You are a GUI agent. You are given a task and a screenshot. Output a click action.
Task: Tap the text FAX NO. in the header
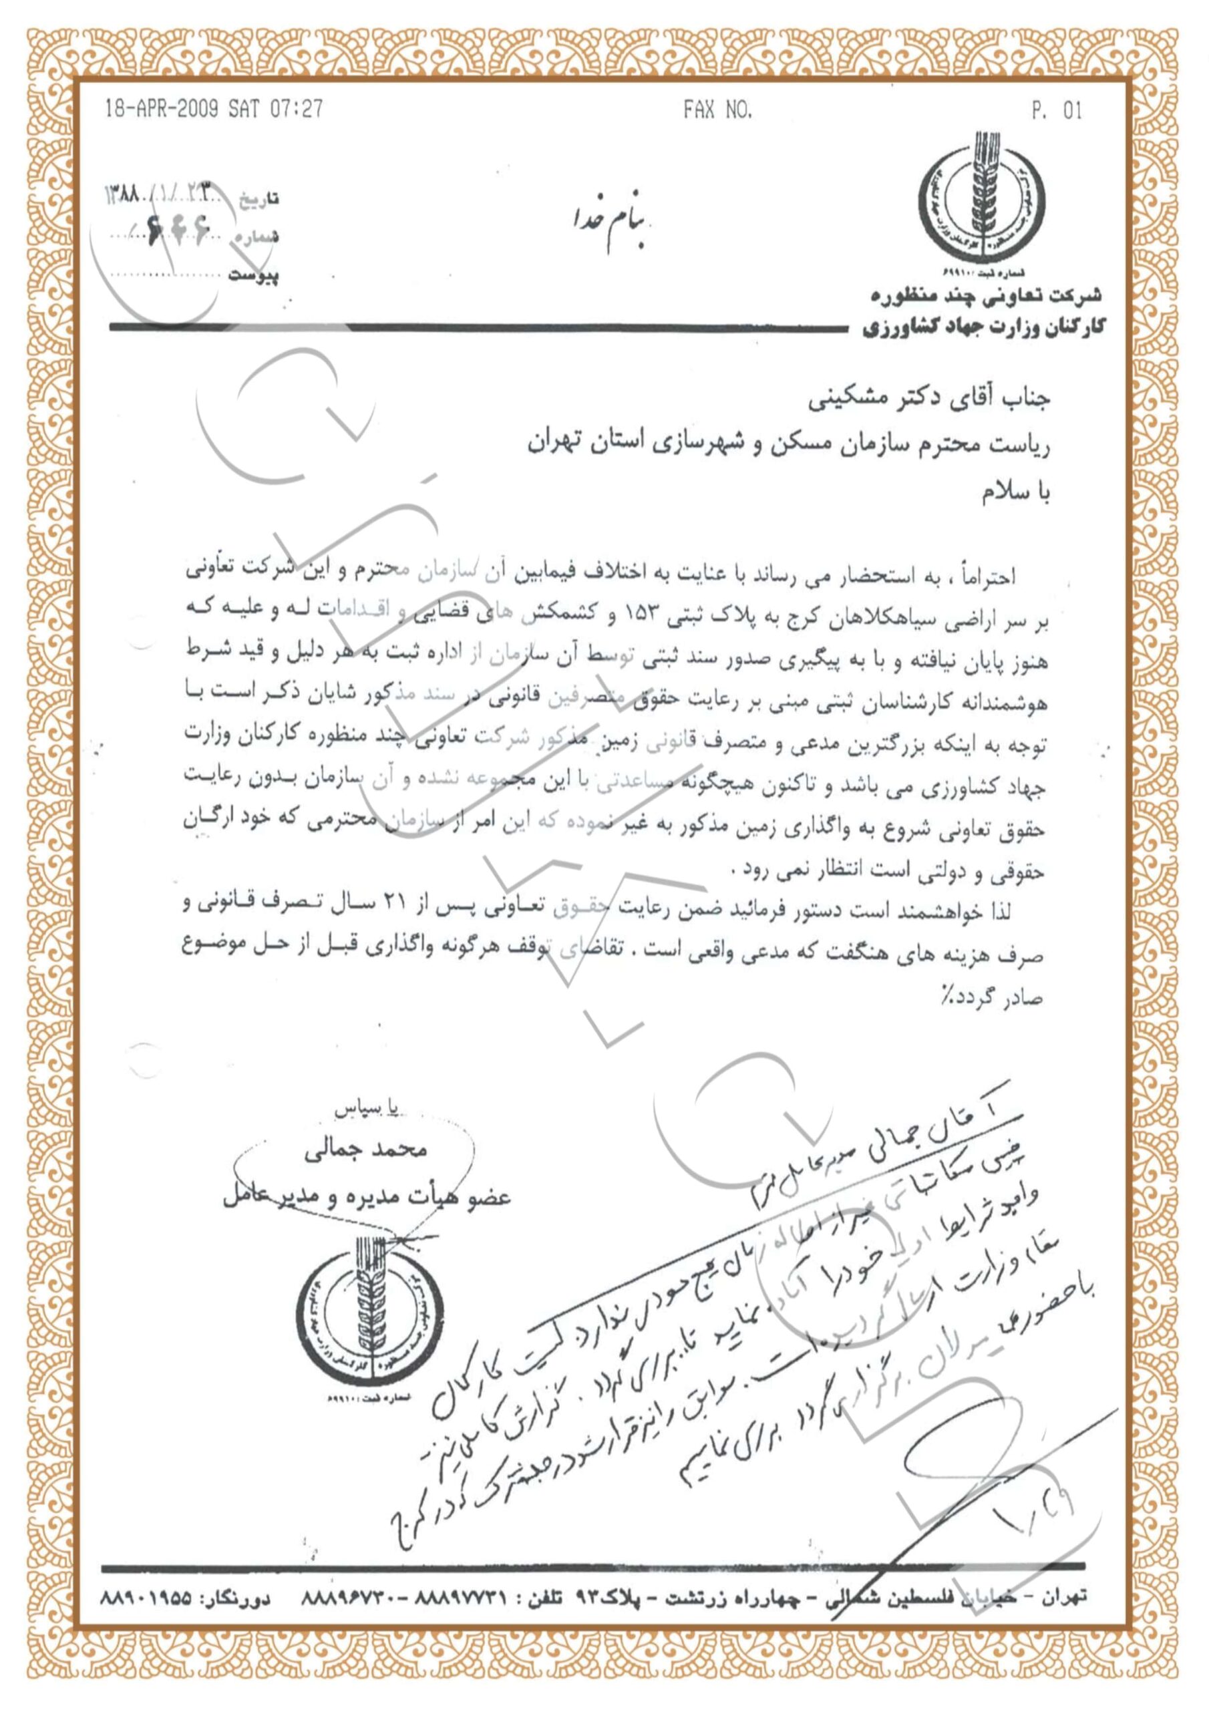click(717, 111)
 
